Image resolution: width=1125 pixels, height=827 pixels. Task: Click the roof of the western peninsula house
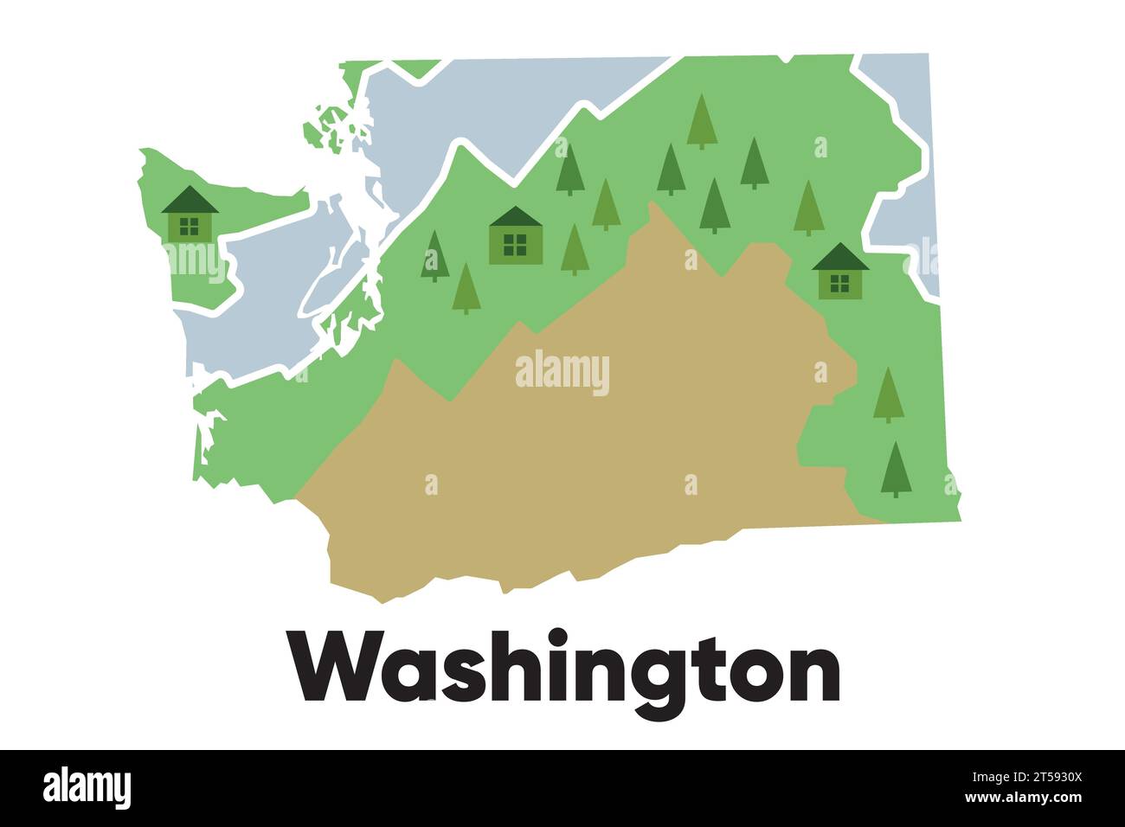190,202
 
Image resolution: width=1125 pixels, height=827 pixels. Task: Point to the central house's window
515,246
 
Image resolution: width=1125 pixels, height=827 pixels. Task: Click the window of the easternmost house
839,283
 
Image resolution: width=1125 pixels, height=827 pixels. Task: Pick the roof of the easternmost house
840,258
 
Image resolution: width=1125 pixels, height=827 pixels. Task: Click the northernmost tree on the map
702,121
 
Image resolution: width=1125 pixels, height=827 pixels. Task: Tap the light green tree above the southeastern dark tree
888,394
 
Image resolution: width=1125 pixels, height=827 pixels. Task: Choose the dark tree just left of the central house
434,256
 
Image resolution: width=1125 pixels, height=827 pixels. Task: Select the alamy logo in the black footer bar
87,788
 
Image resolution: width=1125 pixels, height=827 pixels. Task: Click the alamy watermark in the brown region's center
562,374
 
